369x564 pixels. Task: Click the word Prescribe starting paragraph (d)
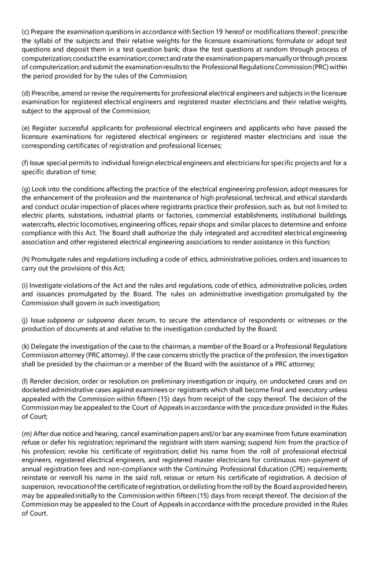coord(51,94)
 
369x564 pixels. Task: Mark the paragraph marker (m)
coord(28,434)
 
